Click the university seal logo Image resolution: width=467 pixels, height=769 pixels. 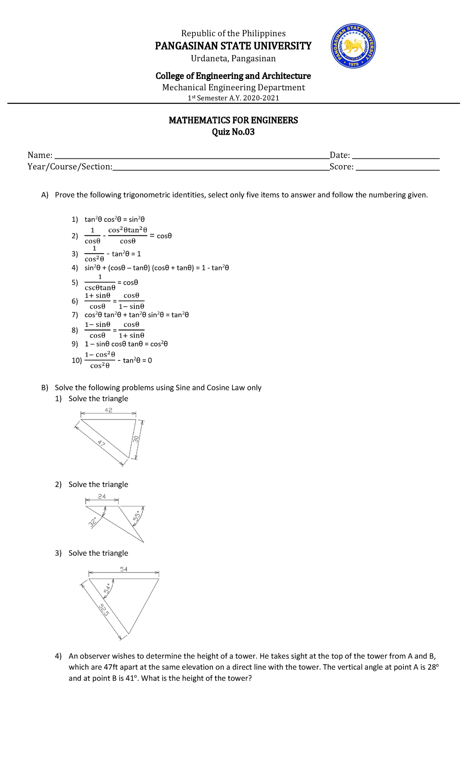tap(353, 46)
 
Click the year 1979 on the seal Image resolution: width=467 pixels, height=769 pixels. tap(353, 64)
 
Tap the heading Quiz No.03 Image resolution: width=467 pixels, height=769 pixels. tap(233, 132)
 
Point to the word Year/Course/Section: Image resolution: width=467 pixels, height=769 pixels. tap(70, 167)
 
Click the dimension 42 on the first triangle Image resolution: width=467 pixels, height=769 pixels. tap(109, 410)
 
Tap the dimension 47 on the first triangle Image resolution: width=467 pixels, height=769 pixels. tap(102, 443)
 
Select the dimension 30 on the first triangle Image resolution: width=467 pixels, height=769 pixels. tap(136, 439)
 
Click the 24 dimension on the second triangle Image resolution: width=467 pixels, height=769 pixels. tap(102, 497)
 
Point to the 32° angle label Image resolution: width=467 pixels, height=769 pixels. tap(93, 522)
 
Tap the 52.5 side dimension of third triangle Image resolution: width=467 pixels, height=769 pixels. tap(104, 609)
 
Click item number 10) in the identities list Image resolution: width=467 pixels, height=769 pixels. tap(77, 360)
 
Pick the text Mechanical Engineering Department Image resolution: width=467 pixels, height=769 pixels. tap(233, 88)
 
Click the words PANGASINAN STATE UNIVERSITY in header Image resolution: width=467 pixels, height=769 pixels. tap(233, 46)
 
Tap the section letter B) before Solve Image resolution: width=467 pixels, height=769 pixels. tap(45, 388)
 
